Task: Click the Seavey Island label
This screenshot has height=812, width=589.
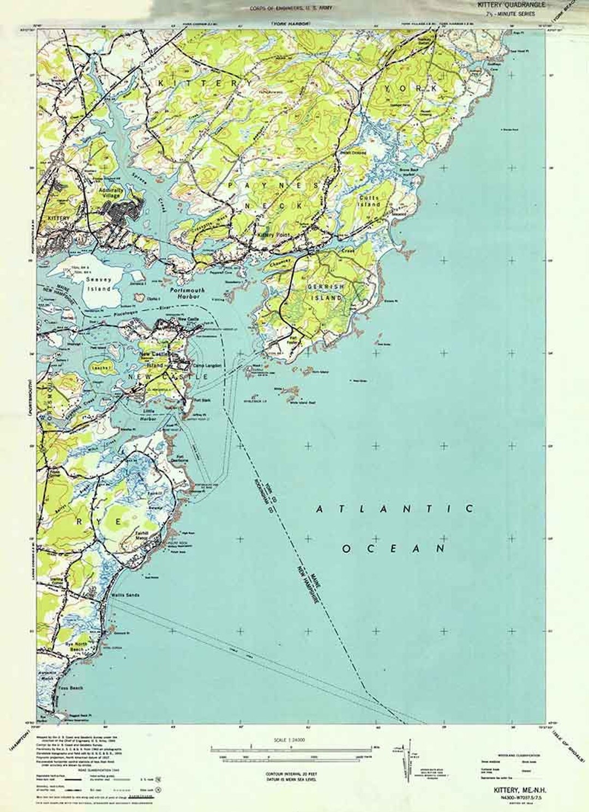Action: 99,284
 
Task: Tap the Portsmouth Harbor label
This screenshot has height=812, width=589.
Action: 188,294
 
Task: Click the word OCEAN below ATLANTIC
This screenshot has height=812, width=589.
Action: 394,548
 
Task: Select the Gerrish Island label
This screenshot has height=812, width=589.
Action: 326,292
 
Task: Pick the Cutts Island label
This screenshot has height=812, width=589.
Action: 369,201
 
